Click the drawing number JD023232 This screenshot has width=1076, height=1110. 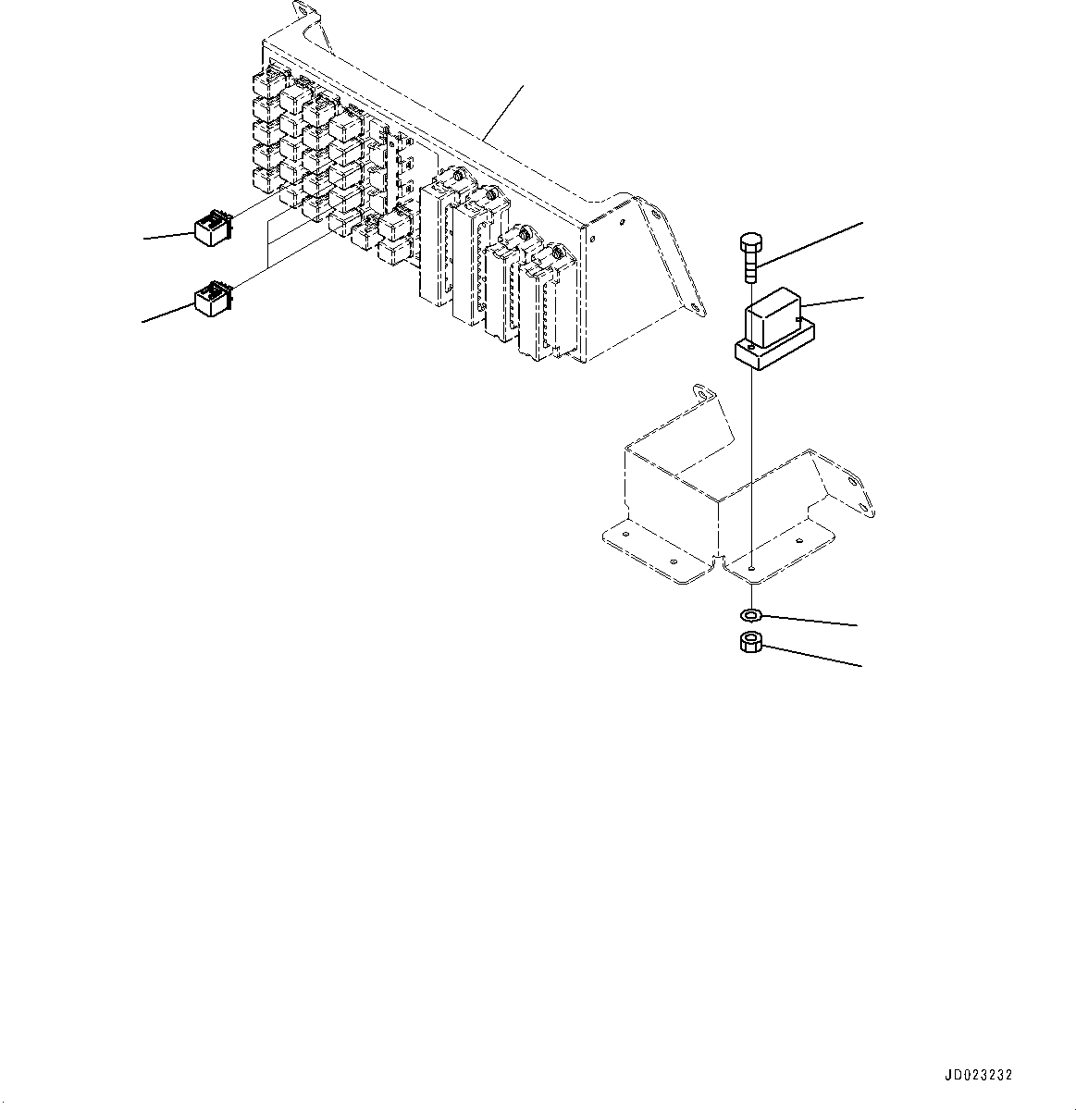978,1076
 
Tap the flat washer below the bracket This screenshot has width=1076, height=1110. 750,614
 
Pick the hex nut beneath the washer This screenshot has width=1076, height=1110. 750,642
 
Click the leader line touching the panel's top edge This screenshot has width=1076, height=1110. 504,112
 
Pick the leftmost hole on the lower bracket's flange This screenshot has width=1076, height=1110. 625,535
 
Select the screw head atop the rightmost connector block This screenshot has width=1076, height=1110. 557,250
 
